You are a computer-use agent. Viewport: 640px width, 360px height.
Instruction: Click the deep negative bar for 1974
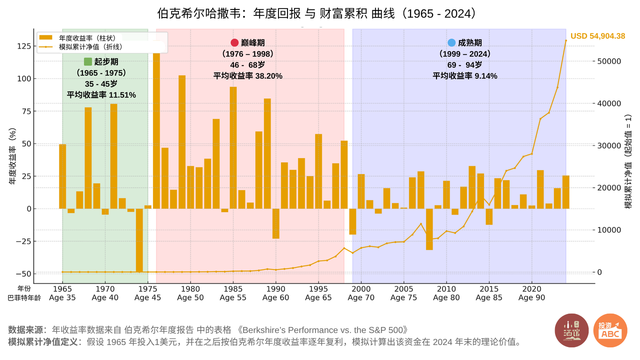point(139,240)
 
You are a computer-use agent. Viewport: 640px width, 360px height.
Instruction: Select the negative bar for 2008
point(429,229)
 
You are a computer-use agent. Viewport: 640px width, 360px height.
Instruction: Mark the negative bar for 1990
point(276,223)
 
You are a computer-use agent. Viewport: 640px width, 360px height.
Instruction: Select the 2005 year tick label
point(403,288)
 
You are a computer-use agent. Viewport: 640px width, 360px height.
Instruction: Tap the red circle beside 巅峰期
point(234,43)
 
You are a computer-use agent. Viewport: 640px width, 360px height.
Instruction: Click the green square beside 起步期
point(88,62)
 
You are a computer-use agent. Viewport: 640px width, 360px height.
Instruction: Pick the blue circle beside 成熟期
point(452,43)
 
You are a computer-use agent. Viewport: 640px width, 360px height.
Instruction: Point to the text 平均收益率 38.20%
point(248,76)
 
